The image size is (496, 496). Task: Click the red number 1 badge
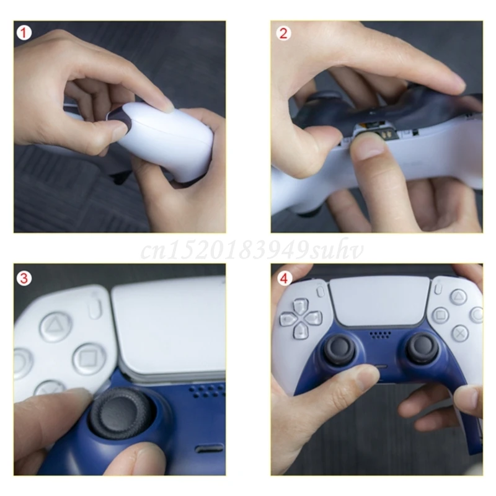pos(24,32)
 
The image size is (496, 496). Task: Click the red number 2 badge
pos(284,32)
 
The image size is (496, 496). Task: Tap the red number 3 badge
pos(24,278)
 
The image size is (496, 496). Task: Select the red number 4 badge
pos(284,278)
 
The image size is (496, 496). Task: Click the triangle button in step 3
pos(55,325)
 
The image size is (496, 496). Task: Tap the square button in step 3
pos(88,358)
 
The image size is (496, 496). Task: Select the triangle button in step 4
pos(458,297)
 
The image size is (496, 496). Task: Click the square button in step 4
pos(441,315)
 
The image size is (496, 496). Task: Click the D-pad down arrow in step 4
pos(301,332)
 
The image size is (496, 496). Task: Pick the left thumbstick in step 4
pos(340,348)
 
